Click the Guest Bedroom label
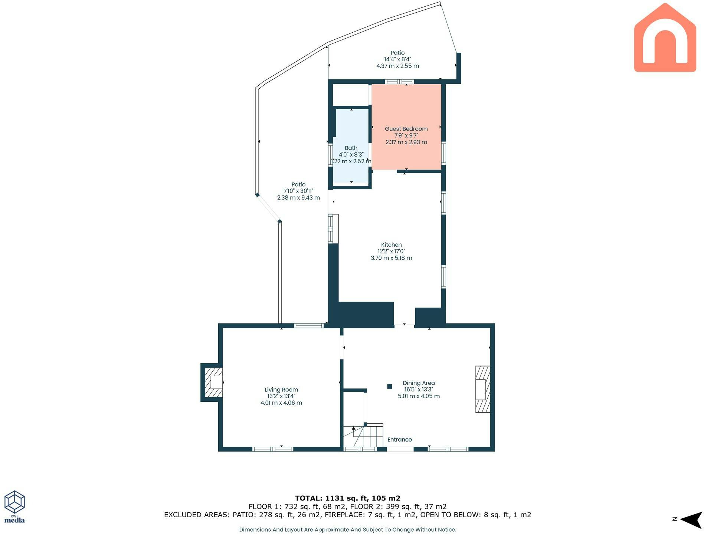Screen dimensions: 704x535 (406, 129)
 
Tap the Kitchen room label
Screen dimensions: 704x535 (392, 245)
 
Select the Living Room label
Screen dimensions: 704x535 (281, 390)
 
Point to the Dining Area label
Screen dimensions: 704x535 (419, 383)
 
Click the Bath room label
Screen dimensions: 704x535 (351, 148)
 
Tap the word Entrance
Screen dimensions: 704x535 (400, 440)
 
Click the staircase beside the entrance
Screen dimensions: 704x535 (363, 436)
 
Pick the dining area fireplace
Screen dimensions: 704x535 (483, 389)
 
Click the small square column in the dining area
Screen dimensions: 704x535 (390, 386)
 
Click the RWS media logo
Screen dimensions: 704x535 (14, 507)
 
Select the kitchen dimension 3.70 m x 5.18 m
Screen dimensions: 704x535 (392, 258)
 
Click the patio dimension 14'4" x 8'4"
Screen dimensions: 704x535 (397, 59)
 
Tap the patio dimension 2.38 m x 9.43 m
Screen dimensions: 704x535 (298, 198)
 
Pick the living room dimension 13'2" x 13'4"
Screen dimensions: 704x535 (281, 396)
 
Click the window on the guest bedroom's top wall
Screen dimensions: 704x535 (399, 82)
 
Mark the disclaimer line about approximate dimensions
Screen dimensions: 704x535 (348, 530)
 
